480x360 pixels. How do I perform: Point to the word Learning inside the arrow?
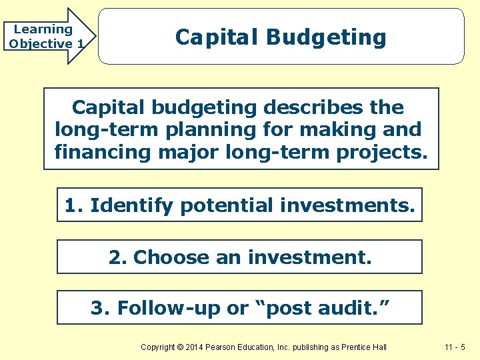(x=43, y=29)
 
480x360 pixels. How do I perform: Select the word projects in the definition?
(x=381, y=151)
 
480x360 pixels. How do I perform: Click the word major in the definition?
(x=189, y=151)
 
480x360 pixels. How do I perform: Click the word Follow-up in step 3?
(x=167, y=308)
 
